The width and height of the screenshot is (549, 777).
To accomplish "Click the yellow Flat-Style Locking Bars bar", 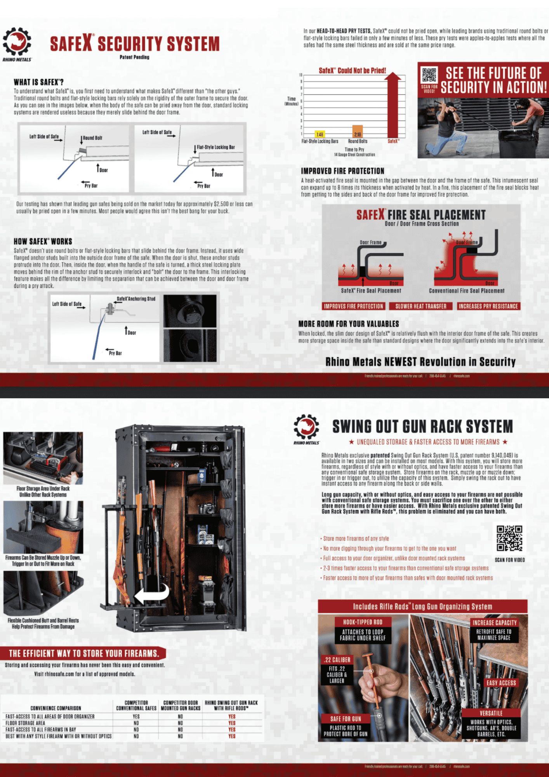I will pos(320,134).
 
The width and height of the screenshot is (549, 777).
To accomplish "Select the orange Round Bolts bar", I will pos(357,131).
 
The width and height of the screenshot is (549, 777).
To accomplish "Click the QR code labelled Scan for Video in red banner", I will pos(429,75).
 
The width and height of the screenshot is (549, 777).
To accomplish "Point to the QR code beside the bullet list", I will pos(509,538).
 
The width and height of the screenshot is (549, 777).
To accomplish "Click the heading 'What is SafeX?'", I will pos(39,82).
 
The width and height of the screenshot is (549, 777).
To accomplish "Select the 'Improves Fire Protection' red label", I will pos(353,306).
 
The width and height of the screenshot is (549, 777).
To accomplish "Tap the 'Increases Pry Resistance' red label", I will pos(488,306).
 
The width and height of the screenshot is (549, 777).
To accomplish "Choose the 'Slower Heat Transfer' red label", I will pos(420,306).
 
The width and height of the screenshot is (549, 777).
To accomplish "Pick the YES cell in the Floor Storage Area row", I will pos(232,723).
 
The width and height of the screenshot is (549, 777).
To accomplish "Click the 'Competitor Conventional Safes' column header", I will pos(136,706).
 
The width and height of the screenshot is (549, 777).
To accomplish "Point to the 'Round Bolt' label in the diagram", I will pos(92,138).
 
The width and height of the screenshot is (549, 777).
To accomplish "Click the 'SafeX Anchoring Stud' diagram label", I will pos(136,299).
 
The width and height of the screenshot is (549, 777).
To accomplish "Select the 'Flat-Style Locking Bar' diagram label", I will pos(215,147).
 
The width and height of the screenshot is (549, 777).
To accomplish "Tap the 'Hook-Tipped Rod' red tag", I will pos(362,622).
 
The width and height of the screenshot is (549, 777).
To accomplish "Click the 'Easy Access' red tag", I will pos(501,683).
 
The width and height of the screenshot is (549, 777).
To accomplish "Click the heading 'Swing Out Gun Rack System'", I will pos(422,427).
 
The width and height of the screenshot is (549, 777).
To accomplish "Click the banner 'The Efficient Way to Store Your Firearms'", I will pos(83,653).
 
